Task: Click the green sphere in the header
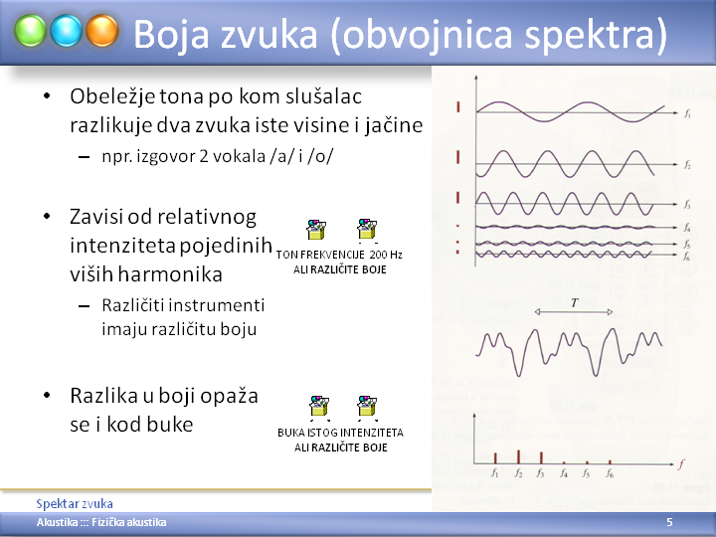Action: (30, 31)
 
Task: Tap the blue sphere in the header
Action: (67, 31)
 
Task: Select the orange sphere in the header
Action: (102, 31)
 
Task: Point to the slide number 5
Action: (669, 522)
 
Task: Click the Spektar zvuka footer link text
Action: (75, 503)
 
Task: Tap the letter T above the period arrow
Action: (575, 302)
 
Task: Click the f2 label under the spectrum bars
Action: (518, 473)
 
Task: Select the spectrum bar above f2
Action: (518, 456)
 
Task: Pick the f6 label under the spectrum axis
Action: (610, 473)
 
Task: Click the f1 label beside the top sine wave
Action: (687, 113)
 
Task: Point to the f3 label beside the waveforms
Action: (687, 204)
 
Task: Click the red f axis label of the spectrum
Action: (681, 464)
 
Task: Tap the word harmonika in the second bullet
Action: (170, 274)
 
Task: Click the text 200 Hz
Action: (386, 255)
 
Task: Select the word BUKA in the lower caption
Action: (290, 432)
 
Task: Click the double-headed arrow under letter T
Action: (574, 312)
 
